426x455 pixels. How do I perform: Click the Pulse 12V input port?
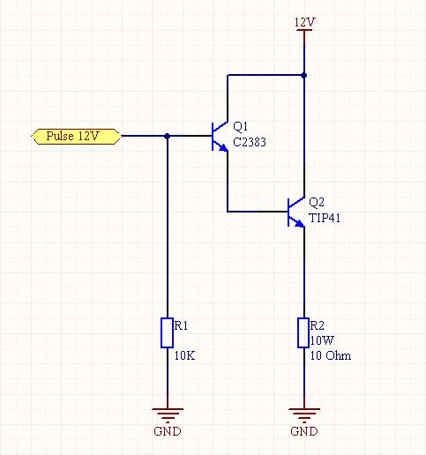click(x=76, y=137)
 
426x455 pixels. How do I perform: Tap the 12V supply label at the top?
click(x=304, y=22)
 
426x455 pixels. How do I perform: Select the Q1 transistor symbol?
click(x=220, y=137)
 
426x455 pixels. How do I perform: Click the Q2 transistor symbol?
click(x=295, y=212)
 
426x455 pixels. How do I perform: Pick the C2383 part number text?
click(x=250, y=142)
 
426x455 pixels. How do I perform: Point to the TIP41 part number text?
click(x=325, y=218)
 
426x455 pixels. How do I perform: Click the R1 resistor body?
click(x=167, y=332)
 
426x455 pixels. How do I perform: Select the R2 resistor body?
click(x=303, y=332)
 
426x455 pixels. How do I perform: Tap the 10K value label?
click(x=184, y=355)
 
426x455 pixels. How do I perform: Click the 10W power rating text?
click(x=322, y=340)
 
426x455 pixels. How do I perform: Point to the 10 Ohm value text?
click(x=331, y=355)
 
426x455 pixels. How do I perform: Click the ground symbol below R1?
click(x=168, y=414)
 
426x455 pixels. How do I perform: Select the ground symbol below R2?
click(x=304, y=414)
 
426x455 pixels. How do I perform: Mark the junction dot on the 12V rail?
click(x=304, y=76)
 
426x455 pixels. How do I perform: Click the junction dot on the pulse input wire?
click(x=168, y=136)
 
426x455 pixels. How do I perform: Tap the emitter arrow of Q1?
click(x=224, y=147)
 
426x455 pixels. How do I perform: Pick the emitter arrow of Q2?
click(x=300, y=223)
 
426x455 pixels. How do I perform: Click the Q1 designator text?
click(x=240, y=127)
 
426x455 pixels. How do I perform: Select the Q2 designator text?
click(x=317, y=203)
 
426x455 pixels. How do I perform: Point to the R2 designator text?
click(x=318, y=325)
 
